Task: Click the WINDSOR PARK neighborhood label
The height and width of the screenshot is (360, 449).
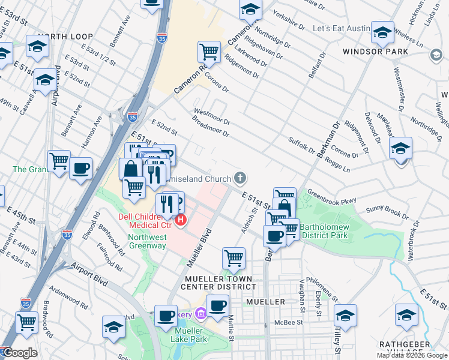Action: (375, 52)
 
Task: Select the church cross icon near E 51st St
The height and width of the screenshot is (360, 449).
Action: (240, 178)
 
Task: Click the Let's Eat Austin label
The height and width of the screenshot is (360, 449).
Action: (340, 28)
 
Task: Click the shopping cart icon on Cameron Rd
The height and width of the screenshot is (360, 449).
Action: (209, 52)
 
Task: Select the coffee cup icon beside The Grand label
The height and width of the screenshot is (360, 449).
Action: (80, 169)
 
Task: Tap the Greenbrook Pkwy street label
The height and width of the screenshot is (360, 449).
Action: (331, 197)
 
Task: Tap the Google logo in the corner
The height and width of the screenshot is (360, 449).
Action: (19, 353)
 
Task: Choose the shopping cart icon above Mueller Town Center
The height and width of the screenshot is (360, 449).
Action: (234, 259)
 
